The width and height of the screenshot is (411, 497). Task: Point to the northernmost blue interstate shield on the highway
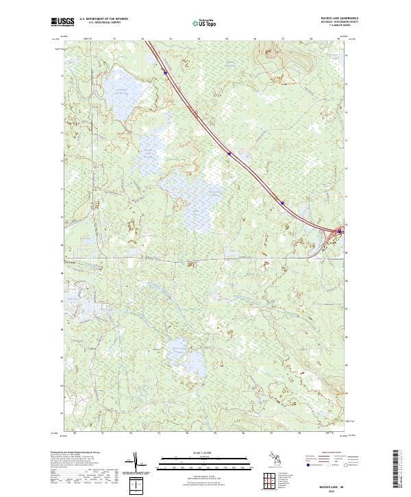(x=165, y=71)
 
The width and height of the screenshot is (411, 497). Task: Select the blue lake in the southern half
(x=181, y=350)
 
